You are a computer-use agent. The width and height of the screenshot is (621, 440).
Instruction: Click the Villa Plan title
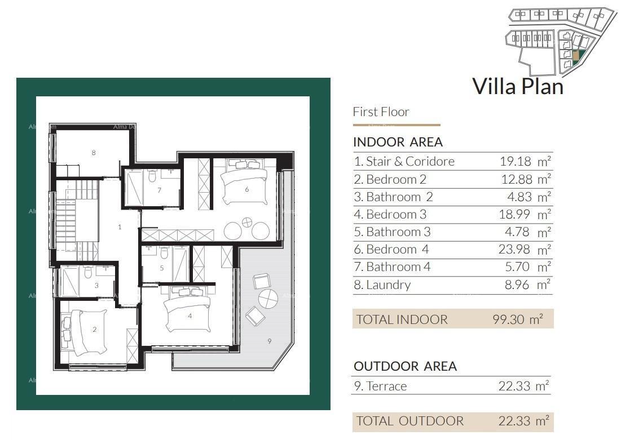(x=517, y=86)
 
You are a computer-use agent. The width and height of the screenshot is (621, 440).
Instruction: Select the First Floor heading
(x=381, y=112)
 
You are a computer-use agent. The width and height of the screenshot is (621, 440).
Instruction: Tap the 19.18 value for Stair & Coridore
(x=515, y=161)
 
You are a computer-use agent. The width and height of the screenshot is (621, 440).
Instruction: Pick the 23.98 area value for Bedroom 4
(x=515, y=249)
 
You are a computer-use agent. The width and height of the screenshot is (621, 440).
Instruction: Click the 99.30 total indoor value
(x=508, y=319)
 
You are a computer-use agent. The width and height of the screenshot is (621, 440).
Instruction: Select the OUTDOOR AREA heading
(x=405, y=366)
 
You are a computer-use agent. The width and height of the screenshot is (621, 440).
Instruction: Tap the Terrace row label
(x=380, y=386)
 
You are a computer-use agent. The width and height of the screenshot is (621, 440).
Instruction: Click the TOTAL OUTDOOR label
(x=410, y=421)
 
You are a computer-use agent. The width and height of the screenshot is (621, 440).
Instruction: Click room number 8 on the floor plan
(x=94, y=153)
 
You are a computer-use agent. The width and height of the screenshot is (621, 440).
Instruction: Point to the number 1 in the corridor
(x=120, y=227)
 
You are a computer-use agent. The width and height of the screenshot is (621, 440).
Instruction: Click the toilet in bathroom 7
(x=151, y=176)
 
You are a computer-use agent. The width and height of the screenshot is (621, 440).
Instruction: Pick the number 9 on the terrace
(x=269, y=341)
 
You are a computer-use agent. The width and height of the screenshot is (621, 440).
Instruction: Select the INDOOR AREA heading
(x=398, y=142)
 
